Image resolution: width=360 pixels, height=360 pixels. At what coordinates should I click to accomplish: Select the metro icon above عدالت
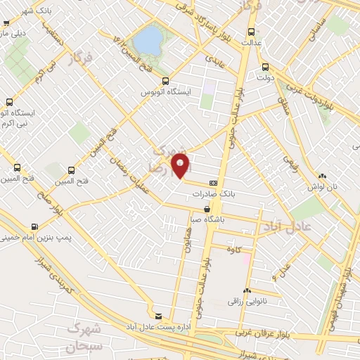pyautogui.click(x=252, y=31)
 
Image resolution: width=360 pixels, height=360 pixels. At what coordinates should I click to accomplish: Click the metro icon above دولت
pyautogui.click(x=265, y=68)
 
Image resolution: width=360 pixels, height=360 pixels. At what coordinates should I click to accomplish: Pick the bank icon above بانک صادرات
pyautogui.click(x=213, y=184)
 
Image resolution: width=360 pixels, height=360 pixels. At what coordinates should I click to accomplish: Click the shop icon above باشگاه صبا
pyautogui.click(x=206, y=209)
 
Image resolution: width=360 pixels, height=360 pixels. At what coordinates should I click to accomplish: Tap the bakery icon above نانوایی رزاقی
pyautogui.click(x=247, y=291)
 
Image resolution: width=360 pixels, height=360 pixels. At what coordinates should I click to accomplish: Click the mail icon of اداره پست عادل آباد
pyautogui.click(x=158, y=317)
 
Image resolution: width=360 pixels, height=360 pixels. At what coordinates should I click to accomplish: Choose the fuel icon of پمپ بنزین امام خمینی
pyautogui.click(x=34, y=227)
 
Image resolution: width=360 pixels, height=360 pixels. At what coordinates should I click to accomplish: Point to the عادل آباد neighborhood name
pyautogui.click(x=281, y=226)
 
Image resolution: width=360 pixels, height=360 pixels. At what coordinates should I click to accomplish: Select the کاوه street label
pyautogui.click(x=233, y=250)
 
